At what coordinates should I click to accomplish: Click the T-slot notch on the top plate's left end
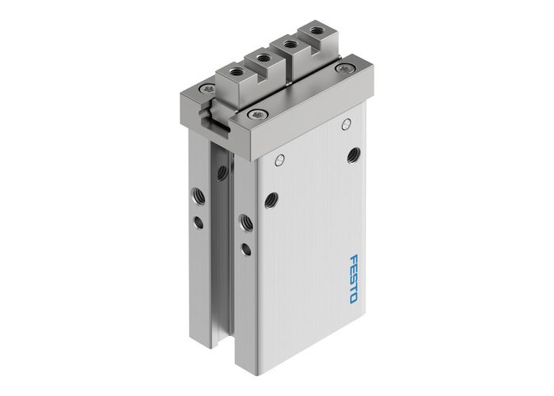tap(207, 120)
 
